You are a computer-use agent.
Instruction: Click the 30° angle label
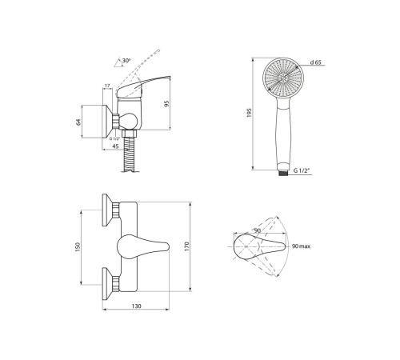coord(126,61)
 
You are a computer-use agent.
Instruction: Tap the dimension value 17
coord(107,86)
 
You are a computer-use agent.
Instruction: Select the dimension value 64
coord(78,122)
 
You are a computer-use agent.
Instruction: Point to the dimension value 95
coord(166,104)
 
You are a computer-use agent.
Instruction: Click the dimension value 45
coord(115,146)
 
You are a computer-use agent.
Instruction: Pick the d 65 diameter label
coord(316,62)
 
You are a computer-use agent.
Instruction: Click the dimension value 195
coord(250,113)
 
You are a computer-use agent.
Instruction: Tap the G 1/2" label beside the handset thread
coord(302,170)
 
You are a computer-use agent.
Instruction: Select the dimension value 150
coord(78,247)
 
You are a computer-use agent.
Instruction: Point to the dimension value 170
coord(186,246)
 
